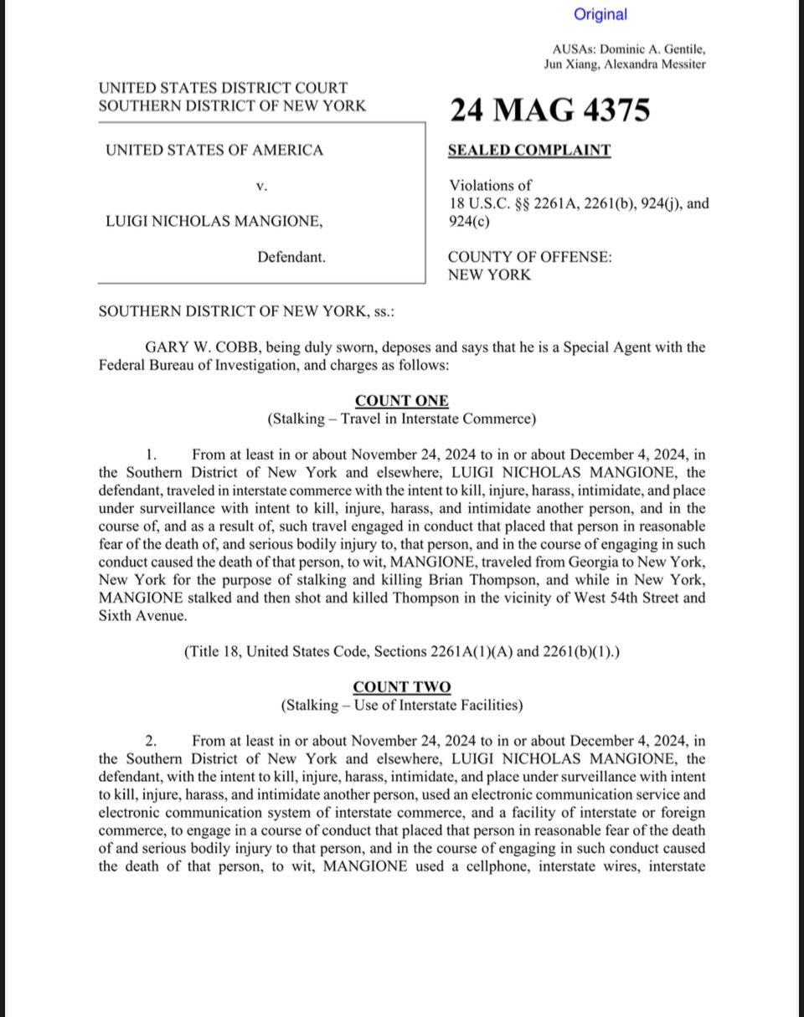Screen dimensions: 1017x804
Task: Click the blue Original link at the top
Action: (600, 14)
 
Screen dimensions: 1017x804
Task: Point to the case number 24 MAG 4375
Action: (549, 110)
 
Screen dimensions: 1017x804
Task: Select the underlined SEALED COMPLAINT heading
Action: (529, 151)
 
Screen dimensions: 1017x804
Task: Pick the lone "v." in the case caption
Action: (261, 187)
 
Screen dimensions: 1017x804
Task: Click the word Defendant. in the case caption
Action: (291, 258)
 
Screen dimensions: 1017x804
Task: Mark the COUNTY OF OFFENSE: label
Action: (529, 258)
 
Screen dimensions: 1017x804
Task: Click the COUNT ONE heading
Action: (401, 401)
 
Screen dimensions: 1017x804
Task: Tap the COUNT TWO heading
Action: (401, 687)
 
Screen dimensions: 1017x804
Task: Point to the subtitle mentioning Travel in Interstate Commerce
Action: (401, 419)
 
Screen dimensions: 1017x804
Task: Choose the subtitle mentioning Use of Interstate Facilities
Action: (401, 705)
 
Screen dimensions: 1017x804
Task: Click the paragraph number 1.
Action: (152, 455)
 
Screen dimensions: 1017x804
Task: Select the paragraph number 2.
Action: (152, 741)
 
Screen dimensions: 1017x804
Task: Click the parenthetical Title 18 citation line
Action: (401, 652)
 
